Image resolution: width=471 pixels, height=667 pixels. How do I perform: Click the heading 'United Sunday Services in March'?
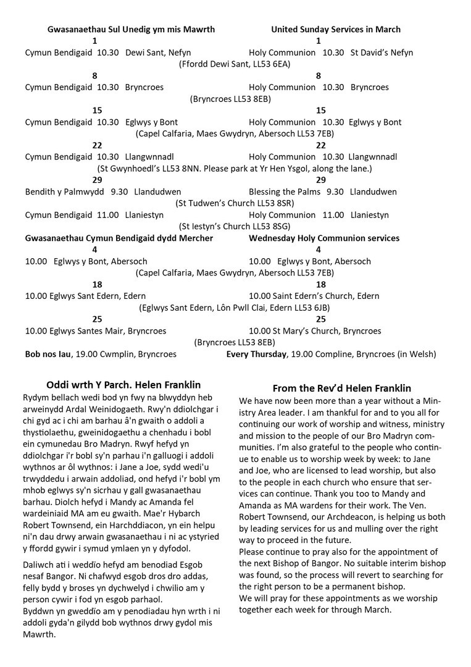pos(335,29)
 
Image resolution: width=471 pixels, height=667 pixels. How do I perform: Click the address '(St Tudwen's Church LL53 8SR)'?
pos(235,203)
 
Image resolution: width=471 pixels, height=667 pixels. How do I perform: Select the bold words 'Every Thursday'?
pos(256,354)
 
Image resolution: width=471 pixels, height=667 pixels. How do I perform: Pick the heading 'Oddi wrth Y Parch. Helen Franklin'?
pos(123,385)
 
